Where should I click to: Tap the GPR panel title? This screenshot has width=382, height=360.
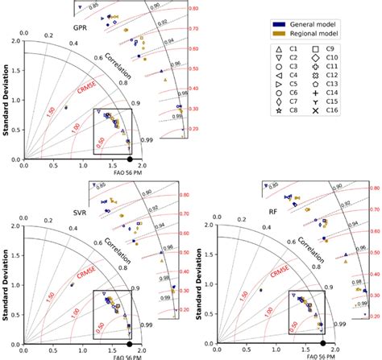[x=80, y=29]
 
